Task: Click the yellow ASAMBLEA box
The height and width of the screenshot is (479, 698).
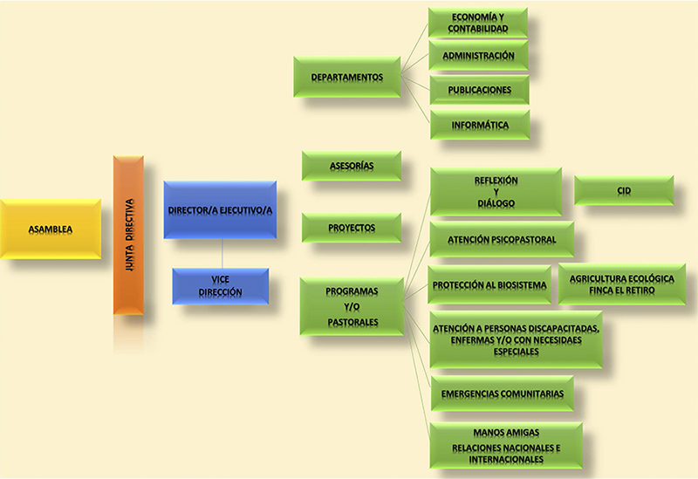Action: click(49, 229)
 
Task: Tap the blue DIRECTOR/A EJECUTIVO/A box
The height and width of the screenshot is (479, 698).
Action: click(220, 210)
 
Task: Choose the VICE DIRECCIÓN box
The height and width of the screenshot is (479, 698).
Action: click(220, 287)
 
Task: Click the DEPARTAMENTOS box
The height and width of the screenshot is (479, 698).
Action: click(347, 77)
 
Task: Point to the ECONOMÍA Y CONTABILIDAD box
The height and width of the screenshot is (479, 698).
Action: click(478, 23)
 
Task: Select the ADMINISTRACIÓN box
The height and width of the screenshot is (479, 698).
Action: click(478, 56)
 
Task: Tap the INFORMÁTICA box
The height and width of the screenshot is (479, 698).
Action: click(480, 125)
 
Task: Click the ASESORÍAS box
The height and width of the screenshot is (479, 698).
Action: click(352, 166)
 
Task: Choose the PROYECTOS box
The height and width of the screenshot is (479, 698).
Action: click(352, 228)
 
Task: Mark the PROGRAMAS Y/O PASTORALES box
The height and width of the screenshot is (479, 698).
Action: click(352, 306)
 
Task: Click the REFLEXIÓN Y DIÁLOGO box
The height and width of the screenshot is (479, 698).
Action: click(496, 192)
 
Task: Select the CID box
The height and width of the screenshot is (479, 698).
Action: click(623, 191)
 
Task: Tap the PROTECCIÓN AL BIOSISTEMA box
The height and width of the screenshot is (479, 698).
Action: click(489, 284)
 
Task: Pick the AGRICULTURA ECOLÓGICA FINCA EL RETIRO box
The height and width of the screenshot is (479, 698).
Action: click(621, 284)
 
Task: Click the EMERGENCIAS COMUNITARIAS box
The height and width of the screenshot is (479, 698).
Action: click(501, 393)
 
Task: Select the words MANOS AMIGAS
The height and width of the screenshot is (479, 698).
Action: click(506, 432)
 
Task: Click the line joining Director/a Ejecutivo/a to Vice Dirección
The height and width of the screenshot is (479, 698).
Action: click(222, 253)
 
